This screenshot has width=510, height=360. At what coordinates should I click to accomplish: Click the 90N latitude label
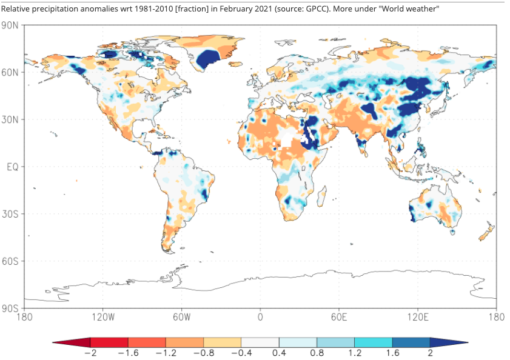coord(10,25)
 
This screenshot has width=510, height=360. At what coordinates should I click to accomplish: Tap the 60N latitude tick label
coord(10,72)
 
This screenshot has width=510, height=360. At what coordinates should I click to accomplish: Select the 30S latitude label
coord(10,214)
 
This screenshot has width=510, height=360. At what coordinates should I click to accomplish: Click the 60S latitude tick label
coord(10,261)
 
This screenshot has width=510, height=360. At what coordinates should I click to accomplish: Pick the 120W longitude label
coord(103,317)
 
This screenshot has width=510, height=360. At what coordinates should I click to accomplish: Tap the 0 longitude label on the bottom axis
coord(260,317)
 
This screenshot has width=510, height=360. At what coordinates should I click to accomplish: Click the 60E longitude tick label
coord(339,317)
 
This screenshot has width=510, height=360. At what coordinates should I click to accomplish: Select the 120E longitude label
coord(418,317)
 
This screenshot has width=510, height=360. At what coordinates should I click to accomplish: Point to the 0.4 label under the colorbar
coord(279,353)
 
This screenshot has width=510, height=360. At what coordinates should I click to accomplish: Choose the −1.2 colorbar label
coord(166,353)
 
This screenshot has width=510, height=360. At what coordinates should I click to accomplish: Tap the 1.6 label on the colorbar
coord(392,353)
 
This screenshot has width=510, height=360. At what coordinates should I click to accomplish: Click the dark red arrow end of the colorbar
coord(72,342)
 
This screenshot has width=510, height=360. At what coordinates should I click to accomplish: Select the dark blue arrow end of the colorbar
coord(449,342)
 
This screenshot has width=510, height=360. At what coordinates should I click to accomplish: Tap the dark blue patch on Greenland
coord(207,59)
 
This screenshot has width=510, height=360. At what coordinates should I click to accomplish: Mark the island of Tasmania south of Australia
coord(452,232)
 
